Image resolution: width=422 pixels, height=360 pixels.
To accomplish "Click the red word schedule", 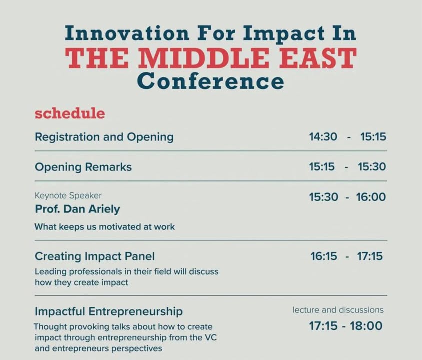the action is (70, 113).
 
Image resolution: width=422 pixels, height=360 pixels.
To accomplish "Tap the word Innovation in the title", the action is (127, 33).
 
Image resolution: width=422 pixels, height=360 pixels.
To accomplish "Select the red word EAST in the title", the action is (318, 58).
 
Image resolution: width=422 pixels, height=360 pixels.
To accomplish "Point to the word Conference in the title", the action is (210, 81).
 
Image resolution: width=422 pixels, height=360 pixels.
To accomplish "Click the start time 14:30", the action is (323, 137).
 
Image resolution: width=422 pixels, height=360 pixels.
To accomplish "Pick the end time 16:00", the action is (371, 197).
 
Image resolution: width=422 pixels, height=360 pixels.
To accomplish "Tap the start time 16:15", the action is (324, 256).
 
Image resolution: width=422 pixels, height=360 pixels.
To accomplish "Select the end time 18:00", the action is (366, 326).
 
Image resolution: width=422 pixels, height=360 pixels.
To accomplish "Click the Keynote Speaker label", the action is (68, 196).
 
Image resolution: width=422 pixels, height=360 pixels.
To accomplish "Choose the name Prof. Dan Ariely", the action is (77, 209).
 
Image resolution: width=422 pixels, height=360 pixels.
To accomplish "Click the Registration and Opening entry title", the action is (104, 137).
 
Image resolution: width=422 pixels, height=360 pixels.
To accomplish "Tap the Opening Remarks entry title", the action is (83, 167).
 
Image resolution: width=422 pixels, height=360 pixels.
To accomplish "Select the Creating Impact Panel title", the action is (95, 256).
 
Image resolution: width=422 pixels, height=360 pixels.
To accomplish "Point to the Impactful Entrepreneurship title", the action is (109, 312).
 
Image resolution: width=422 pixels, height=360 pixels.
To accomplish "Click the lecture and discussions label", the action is (338, 310).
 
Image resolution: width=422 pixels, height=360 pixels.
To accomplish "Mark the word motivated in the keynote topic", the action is (120, 227).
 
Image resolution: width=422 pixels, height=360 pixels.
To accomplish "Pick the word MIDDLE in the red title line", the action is (205, 58).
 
